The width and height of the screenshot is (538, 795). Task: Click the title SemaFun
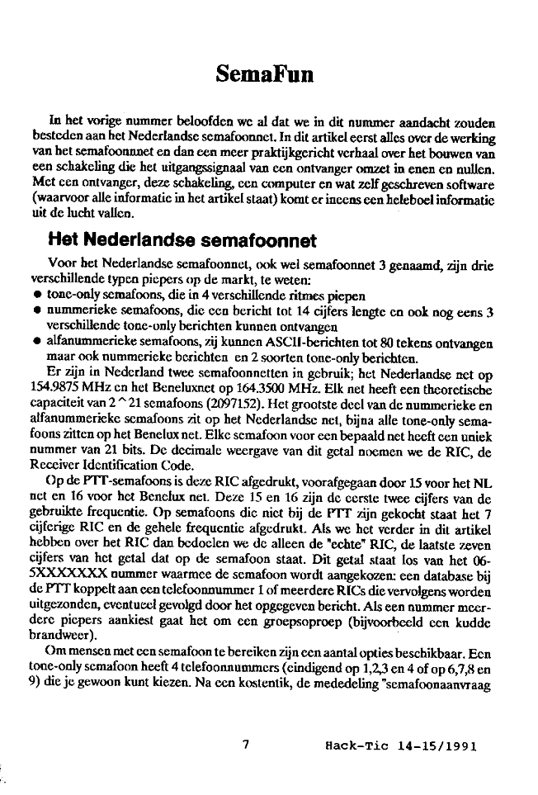[x=266, y=73]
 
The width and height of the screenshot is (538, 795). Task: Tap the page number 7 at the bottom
[x=245, y=744]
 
